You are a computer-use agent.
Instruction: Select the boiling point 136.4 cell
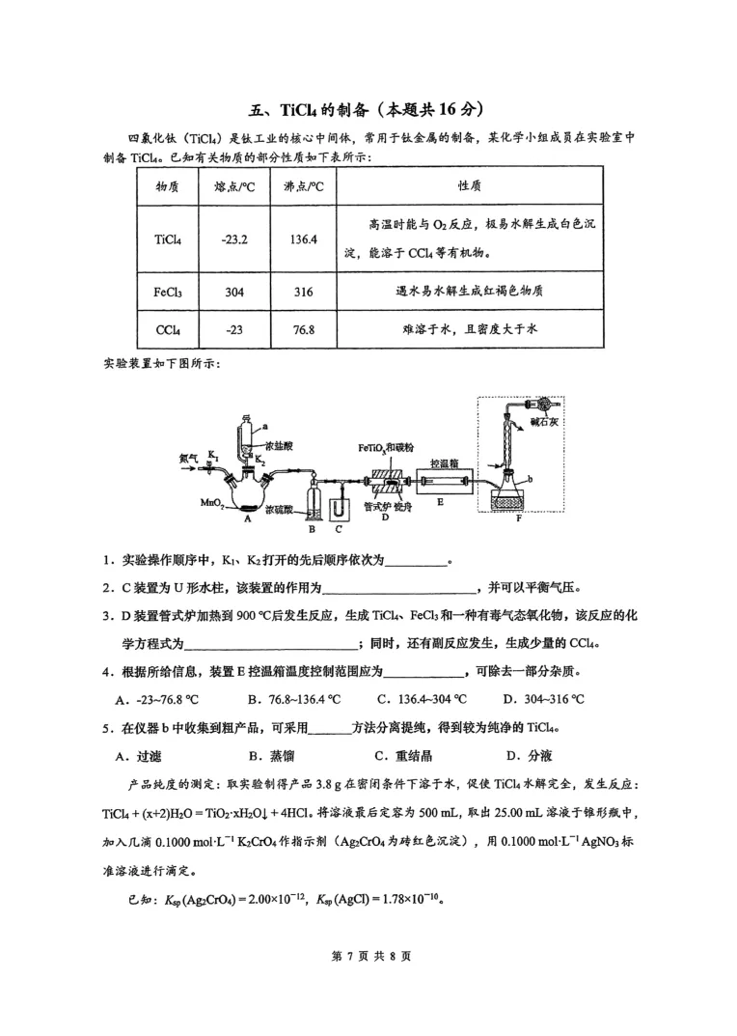pyautogui.click(x=303, y=238)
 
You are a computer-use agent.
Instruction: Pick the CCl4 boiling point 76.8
pyautogui.click(x=304, y=329)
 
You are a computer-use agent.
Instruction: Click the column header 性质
pyautogui.click(x=470, y=186)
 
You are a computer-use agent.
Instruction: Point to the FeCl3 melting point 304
pyautogui.click(x=233, y=291)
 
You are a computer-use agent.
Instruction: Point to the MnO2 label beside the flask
pyautogui.click(x=213, y=502)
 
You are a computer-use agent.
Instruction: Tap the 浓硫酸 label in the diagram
pyautogui.click(x=278, y=509)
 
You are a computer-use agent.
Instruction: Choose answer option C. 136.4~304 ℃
pyautogui.click(x=421, y=699)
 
